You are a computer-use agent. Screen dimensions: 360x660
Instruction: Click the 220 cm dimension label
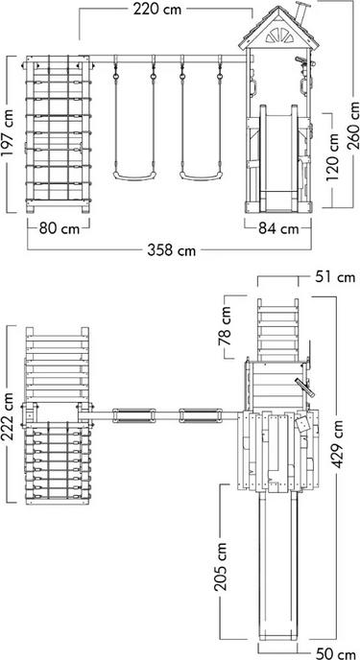click(x=157, y=9)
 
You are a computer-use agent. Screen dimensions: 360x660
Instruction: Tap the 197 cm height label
click(x=8, y=133)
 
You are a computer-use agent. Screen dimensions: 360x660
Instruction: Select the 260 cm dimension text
click(x=354, y=125)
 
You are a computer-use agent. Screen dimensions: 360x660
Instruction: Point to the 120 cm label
click(x=332, y=157)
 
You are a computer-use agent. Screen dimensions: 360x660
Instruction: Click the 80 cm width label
click(x=59, y=228)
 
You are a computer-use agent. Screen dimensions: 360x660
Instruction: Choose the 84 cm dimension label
click(x=277, y=228)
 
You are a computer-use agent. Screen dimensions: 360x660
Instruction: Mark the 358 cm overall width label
click(x=172, y=250)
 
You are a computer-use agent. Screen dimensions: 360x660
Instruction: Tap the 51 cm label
click(x=335, y=277)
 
